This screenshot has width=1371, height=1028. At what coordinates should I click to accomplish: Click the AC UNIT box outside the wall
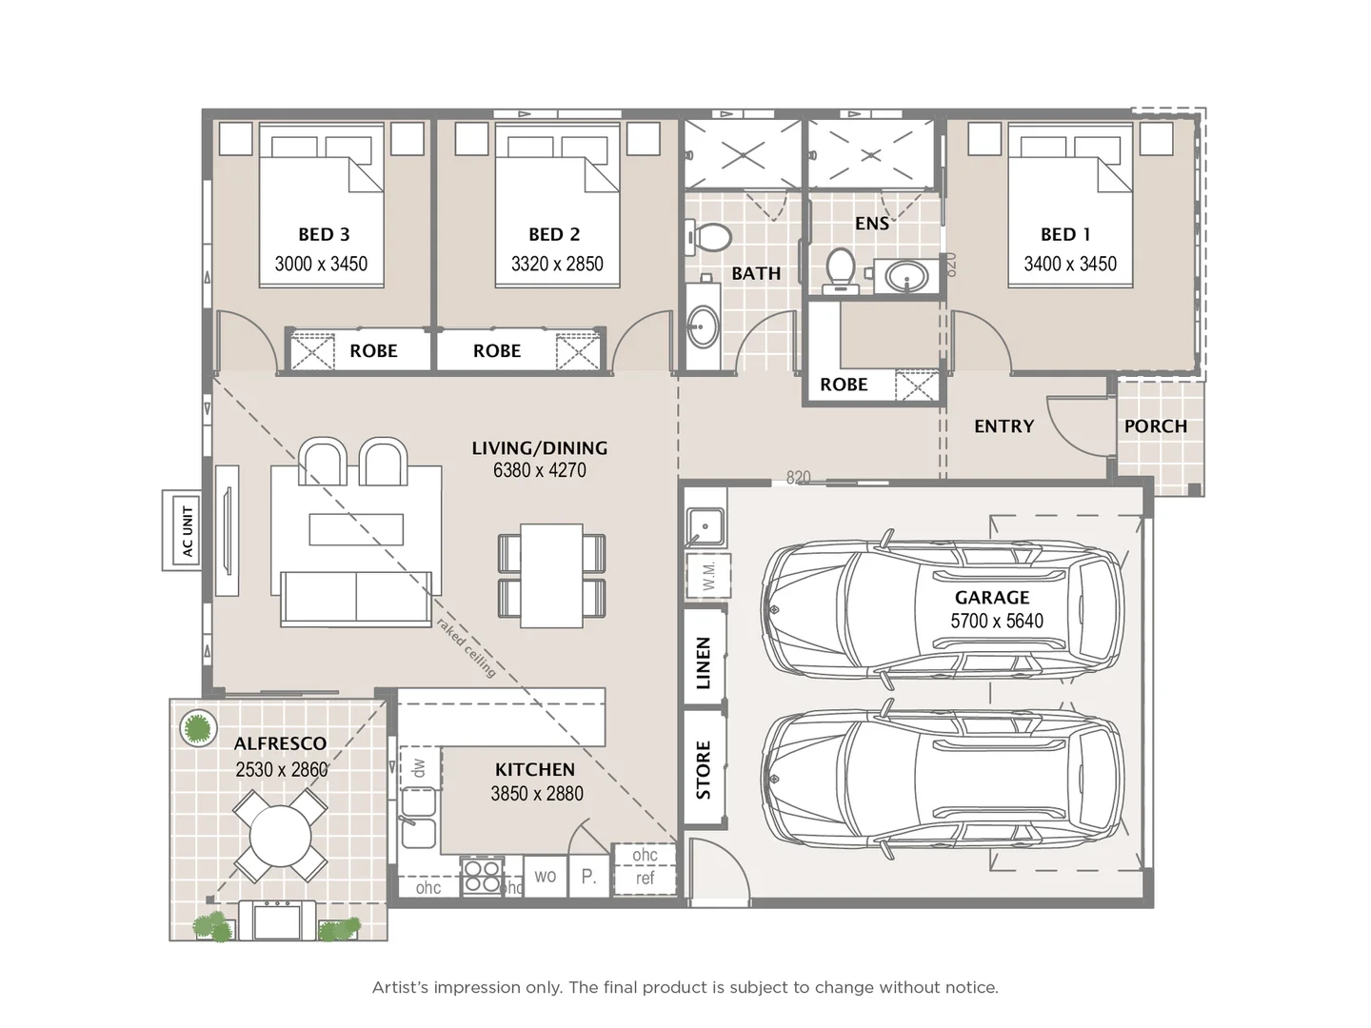pyautogui.click(x=182, y=531)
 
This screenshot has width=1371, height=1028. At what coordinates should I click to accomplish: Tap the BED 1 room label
pyautogui.click(x=1065, y=234)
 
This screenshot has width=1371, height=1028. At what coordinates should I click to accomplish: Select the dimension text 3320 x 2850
pyautogui.click(x=557, y=264)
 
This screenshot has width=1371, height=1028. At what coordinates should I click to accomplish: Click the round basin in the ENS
pyautogui.click(x=906, y=278)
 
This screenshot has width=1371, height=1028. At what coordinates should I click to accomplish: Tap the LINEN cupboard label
pyautogui.click(x=704, y=662)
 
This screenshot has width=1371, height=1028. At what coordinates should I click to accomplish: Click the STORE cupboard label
pyautogui.click(x=704, y=769)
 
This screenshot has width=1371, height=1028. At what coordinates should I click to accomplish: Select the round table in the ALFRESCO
pyautogui.click(x=280, y=837)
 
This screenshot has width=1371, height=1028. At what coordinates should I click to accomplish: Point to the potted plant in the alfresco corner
pyautogui.click(x=197, y=729)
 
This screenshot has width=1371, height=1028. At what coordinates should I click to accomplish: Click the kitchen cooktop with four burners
pyautogui.click(x=482, y=877)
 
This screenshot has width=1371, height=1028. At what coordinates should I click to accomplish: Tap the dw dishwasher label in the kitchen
pyautogui.click(x=420, y=765)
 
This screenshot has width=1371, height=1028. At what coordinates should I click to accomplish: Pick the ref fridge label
pyautogui.click(x=645, y=879)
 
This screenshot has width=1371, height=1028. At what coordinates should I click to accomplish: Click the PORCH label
pyautogui.click(x=1155, y=426)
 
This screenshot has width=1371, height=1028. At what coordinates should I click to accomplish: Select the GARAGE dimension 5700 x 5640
pyautogui.click(x=997, y=621)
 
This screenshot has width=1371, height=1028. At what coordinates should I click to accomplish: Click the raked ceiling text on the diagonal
pyautogui.click(x=467, y=647)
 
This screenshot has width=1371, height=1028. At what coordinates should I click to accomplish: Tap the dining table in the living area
pyautogui.click(x=551, y=575)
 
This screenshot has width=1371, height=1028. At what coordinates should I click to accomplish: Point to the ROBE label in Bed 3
pyautogui.click(x=373, y=351)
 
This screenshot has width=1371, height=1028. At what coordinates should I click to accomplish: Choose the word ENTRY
pyautogui.click(x=1003, y=426)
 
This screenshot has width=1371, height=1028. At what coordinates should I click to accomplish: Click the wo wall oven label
pyautogui.click(x=546, y=876)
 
